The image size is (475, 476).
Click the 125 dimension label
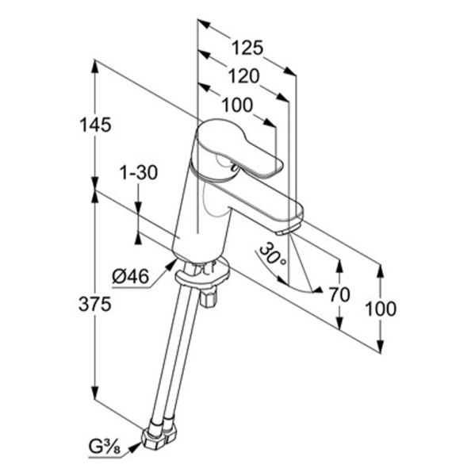pos(247,48)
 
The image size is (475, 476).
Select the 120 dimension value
pos(243,76)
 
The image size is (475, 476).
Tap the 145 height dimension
pos(95,125)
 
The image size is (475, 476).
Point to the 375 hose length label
pos(94,304)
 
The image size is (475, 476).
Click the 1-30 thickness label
pos(139,172)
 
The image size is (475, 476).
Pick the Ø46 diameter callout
pos(131,277)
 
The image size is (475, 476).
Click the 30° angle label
pos(273,255)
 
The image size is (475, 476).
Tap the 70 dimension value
pos(339,294)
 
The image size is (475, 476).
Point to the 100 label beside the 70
pos(381,309)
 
